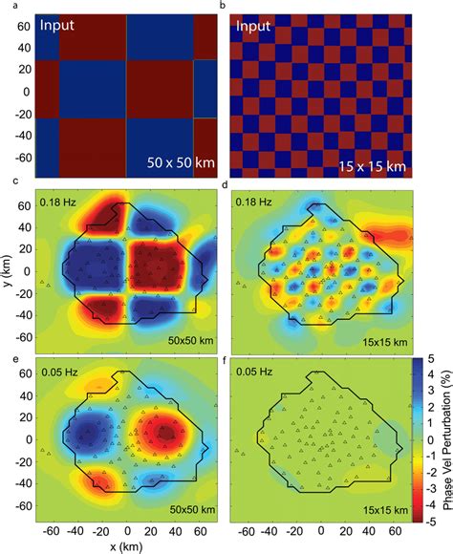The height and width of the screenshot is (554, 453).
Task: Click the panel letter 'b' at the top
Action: point(223,7)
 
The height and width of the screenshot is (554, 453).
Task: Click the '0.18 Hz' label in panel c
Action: point(60,202)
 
